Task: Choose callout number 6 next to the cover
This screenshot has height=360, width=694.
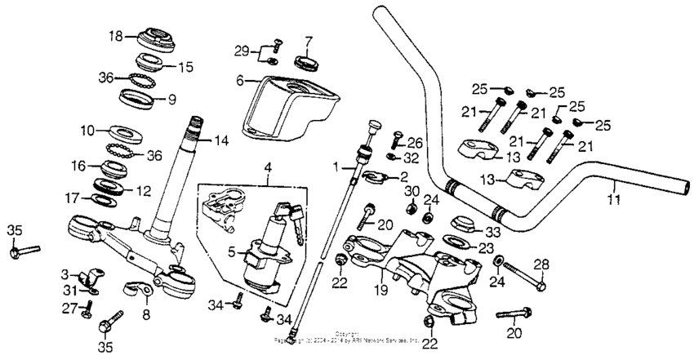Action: coord(241,80)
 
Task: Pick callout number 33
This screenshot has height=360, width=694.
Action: coord(493,231)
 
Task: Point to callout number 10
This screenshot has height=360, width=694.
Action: coord(87,129)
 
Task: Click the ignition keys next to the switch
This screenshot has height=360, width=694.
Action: coord(291,216)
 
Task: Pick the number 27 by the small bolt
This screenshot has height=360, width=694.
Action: coord(69,307)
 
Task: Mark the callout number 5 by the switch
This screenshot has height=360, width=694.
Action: coord(231,251)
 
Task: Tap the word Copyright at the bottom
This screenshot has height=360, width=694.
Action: coord(346,334)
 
